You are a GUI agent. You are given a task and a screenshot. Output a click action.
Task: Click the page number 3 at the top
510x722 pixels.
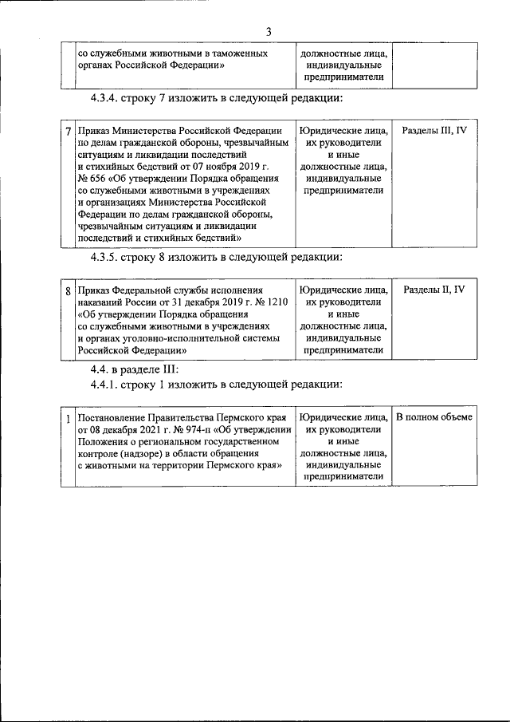(x=269, y=31)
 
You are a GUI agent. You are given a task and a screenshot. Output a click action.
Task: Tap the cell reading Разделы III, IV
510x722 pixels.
(x=433, y=130)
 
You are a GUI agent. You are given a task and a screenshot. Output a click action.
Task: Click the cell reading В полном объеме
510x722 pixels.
(x=433, y=417)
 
